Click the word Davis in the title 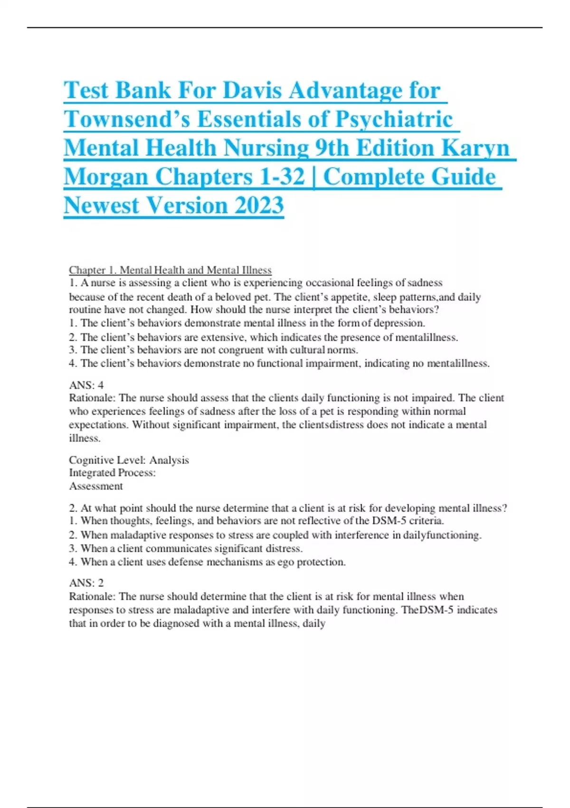pyautogui.click(x=253, y=90)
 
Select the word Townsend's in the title pyautogui.click(x=127, y=119)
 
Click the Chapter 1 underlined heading pyautogui.click(x=170, y=270)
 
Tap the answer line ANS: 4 pyautogui.click(x=86, y=385)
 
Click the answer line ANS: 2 pyautogui.click(x=86, y=583)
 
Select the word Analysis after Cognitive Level pyautogui.click(x=169, y=460)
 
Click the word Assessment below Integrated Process pyautogui.click(x=96, y=486)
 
